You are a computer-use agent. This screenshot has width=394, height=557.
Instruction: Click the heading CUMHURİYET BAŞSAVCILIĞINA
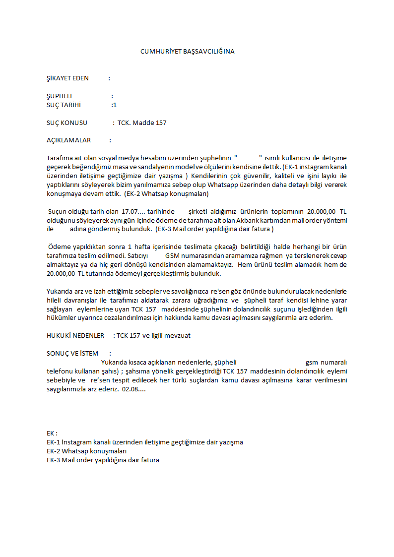coord(187,51)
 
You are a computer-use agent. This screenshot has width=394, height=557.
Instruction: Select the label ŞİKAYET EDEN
coord(67,78)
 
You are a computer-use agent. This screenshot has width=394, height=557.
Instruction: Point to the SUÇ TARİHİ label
coord(64,105)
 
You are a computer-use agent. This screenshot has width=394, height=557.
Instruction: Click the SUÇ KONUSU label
coord(67,123)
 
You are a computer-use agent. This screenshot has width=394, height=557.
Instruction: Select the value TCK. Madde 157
coord(142,123)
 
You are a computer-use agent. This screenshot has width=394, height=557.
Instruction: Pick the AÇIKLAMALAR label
coord(68,140)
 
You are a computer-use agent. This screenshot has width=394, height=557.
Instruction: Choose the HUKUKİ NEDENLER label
coord(75,336)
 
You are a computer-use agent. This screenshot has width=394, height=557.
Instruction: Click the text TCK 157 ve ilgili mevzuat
coord(153,336)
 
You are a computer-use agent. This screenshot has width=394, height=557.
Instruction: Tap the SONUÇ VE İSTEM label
coord(72,353)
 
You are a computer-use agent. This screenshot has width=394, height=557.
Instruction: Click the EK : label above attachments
coord(52,433)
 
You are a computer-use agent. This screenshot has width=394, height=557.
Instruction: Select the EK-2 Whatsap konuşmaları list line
coord(87,451)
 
